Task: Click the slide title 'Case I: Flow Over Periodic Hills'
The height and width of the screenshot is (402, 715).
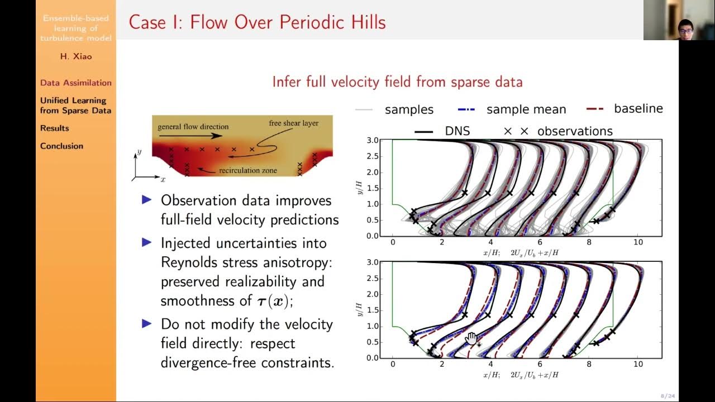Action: (x=257, y=22)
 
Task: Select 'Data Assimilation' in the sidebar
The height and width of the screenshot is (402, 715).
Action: (x=76, y=83)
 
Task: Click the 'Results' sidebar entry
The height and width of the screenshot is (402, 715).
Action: (x=55, y=128)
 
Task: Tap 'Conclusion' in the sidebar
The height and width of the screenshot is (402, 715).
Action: (x=61, y=146)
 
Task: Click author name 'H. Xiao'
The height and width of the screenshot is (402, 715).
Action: (x=75, y=56)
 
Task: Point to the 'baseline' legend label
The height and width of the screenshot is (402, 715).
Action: (x=638, y=109)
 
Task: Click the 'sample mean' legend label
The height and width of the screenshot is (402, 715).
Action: (x=526, y=109)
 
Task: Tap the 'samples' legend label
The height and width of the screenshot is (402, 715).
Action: (x=409, y=109)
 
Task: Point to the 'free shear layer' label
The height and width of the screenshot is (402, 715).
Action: (x=293, y=123)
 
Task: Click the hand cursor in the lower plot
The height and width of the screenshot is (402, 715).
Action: (x=471, y=338)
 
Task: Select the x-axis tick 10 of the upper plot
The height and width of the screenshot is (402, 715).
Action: (x=638, y=242)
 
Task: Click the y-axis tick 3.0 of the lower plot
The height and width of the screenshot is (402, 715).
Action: (x=372, y=262)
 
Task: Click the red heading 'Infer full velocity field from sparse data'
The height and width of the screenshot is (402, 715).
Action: (x=397, y=82)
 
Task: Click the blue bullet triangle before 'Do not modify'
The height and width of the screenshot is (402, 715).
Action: (x=147, y=323)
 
